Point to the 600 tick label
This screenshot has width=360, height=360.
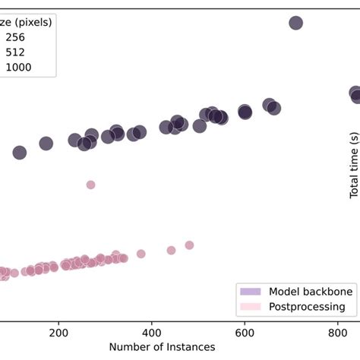pos(245,333)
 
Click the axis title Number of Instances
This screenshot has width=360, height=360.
pos(162,347)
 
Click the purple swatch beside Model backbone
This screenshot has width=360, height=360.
pos(250,291)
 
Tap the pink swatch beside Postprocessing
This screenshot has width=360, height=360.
pos(250,307)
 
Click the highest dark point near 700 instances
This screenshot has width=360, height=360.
pos(296,23)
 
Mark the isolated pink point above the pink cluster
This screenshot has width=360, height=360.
pos(90,185)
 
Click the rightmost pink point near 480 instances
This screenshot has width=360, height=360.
pos(189,245)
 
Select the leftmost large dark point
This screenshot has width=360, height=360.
pos(20,153)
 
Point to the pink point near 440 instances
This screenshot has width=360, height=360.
pos(171,250)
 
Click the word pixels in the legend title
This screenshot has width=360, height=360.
pos(33,22)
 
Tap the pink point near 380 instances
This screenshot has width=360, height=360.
pos(141,254)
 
